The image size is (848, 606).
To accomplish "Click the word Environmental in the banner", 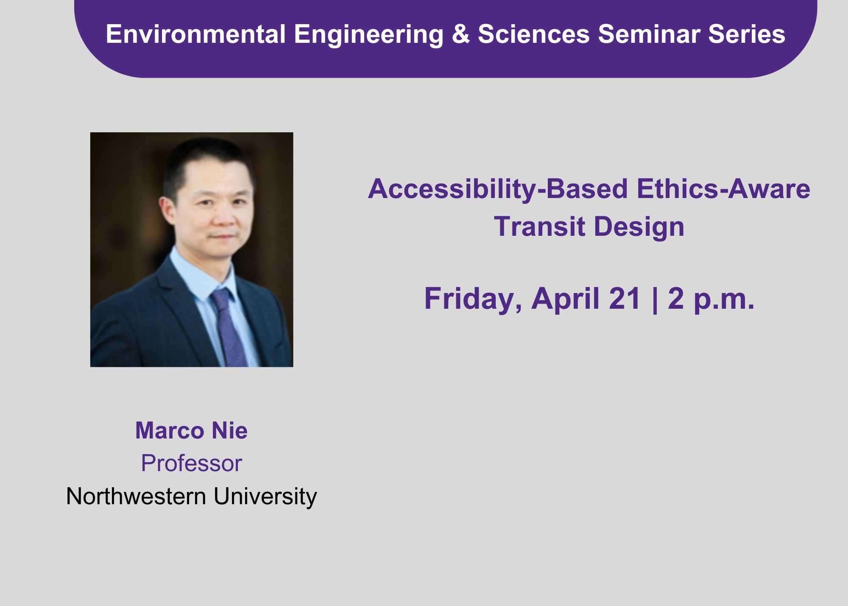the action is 195,34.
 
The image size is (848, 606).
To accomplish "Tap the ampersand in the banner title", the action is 461,34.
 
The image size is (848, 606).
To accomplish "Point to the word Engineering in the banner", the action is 369,35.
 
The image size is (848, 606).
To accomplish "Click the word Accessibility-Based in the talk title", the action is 498,189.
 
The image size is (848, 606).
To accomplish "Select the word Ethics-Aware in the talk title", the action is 723,189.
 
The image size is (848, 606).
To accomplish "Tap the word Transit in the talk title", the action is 540,226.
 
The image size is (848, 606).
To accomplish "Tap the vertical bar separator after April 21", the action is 656,300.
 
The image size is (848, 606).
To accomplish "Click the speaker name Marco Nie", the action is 191,430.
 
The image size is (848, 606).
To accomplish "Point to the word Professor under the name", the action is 191,463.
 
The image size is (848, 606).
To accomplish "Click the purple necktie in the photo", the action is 229,327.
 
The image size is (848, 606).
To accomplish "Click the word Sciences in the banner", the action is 534,34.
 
